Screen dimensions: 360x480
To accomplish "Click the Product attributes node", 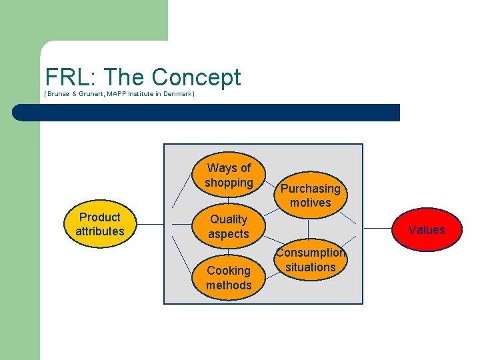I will point(99,225).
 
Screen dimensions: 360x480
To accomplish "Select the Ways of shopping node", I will point(229,175).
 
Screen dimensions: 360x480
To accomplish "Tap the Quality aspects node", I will point(228,227).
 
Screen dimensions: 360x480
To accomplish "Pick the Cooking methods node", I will point(229,278).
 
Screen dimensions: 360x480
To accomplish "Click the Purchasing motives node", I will point(310,195).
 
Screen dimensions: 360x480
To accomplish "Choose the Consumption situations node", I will point(310,260).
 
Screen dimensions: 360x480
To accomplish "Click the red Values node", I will point(426,230).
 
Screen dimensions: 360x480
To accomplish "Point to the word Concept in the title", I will point(196,77).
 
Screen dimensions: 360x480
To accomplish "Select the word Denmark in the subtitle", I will point(178,95).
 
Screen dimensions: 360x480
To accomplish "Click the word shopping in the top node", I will point(229,183).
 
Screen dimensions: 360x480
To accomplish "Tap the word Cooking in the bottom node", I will point(229,271).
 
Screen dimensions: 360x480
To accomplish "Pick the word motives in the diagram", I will point(310,203).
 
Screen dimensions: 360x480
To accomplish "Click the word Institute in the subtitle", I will point(144,95).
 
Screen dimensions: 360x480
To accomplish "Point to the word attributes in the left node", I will point(99,232).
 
